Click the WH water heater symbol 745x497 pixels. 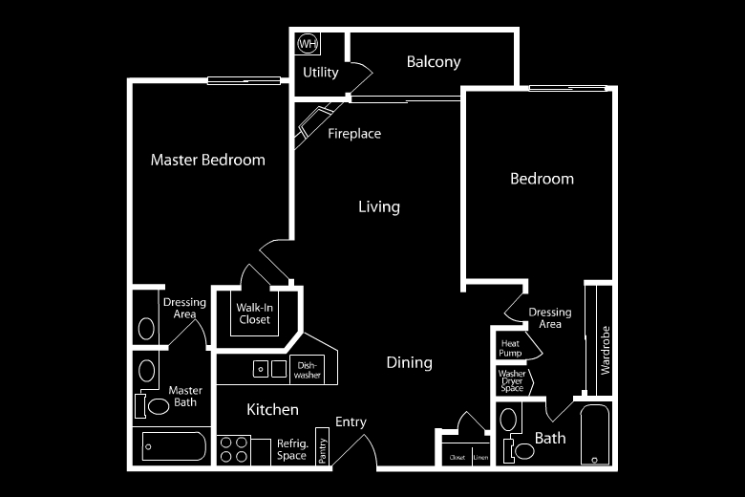tap(308, 43)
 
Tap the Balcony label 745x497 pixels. tap(434, 62)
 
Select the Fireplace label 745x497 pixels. tap(354, 134)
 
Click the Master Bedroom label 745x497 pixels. tap(208, 160)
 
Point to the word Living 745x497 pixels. tap(379, 206)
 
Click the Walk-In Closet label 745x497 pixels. tap(255, 313)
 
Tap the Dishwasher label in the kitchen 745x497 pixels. tap(308, 370)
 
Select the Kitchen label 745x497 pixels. tap(273, 410)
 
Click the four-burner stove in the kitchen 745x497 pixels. tap(233, 449)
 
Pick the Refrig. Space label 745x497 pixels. tap(292, 449)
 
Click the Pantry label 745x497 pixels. tap(323, 449)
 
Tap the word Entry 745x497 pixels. tap(351, 422)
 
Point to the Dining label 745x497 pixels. tap(410, 362)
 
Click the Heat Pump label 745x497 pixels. tap(510, 347)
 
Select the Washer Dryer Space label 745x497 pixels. tap(512, 381)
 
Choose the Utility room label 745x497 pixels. tap(321, 73)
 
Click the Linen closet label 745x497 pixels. tap(480, 459)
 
